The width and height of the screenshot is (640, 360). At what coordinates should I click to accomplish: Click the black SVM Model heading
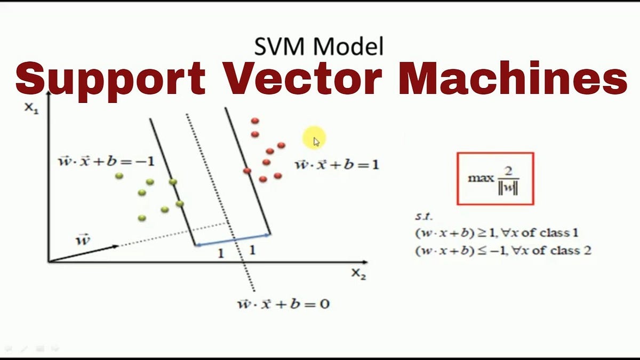[319, 47]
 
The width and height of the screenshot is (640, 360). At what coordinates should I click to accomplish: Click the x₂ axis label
[358, 274]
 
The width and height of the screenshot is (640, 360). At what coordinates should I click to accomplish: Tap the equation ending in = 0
[283, 305]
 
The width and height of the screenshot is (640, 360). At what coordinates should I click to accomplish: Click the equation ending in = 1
[337, 164]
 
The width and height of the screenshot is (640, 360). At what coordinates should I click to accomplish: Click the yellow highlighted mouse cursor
[315, 140]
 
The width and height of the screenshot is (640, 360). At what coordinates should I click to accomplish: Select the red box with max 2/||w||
[495, 178]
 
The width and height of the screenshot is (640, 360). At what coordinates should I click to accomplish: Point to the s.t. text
[423, 217]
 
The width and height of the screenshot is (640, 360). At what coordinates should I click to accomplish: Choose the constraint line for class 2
[503, 250]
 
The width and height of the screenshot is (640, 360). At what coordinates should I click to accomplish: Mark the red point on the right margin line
[247, 171]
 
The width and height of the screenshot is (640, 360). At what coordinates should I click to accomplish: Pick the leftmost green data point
[118, 175]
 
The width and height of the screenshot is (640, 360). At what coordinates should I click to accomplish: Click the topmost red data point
[255, 121]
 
